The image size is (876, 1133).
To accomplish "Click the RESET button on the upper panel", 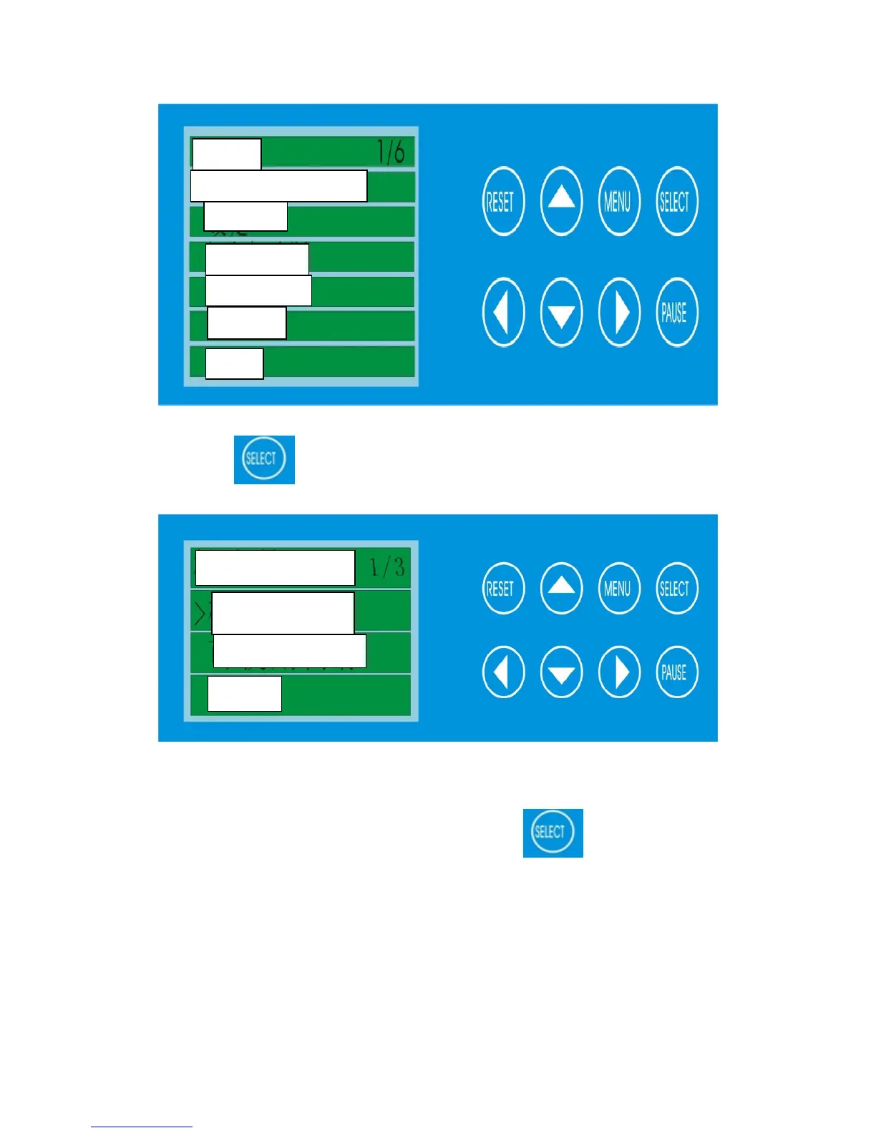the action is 503,201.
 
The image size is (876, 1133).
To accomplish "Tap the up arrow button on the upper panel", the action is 561,201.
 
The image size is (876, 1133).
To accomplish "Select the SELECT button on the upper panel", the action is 676,201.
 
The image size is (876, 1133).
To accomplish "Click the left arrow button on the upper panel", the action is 503,313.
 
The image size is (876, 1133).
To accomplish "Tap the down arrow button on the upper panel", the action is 561,313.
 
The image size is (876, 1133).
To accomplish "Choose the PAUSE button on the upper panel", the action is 676,313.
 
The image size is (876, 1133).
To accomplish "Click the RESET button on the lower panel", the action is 503,589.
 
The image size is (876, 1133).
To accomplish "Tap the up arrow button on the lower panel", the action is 561,589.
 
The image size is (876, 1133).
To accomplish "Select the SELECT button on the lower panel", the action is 676,589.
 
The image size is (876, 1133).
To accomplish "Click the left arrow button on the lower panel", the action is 503,672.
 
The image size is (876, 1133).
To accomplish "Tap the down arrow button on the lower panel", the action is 561,672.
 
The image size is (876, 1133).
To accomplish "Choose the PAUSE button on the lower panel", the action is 676,672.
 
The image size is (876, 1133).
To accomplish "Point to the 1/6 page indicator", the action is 391,152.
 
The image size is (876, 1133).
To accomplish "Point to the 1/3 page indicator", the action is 387,568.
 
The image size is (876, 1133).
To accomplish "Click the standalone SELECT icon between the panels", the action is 264,459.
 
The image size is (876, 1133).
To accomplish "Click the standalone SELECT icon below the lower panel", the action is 553,833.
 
